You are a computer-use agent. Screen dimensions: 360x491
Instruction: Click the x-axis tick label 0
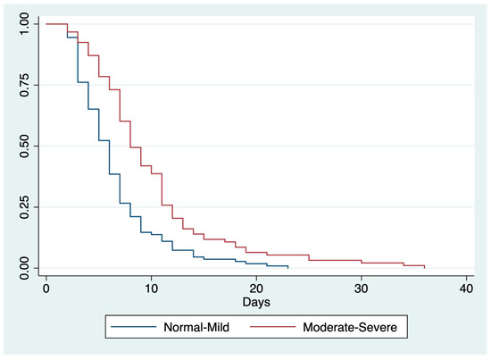point(46,289)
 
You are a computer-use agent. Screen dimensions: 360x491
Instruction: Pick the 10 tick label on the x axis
point(152,289)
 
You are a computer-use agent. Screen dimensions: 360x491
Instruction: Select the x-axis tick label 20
point(256,289)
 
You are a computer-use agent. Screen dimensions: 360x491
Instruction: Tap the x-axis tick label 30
point(362,289)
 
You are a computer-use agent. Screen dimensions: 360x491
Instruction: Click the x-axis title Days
point(256,304)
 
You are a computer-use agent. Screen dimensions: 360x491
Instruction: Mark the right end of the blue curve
point(288,267)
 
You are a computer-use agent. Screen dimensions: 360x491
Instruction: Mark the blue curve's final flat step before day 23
point(278,265)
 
